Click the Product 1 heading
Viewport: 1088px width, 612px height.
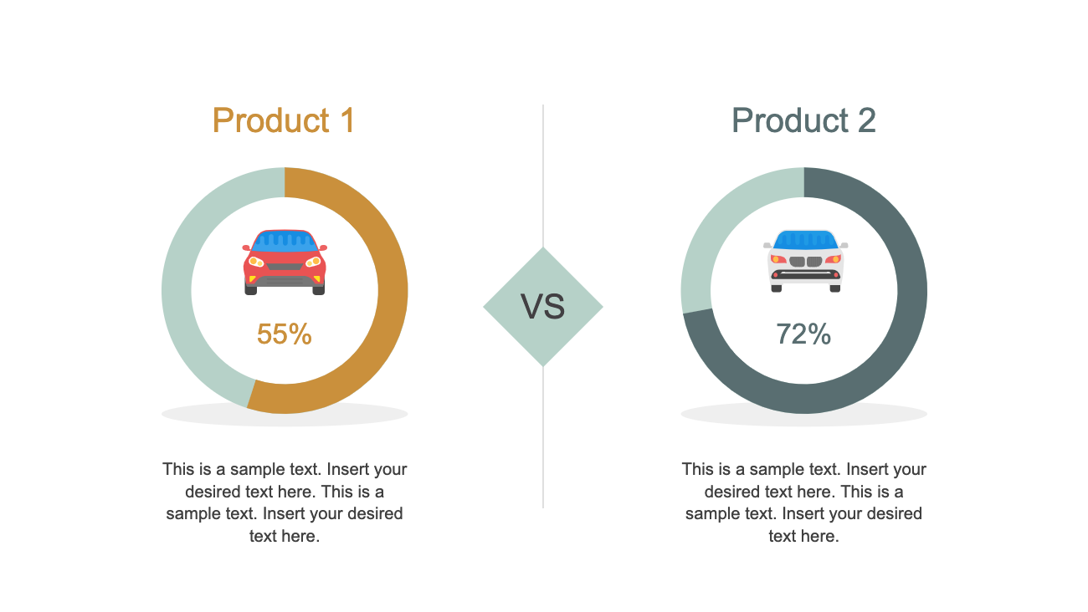tap(284, 120)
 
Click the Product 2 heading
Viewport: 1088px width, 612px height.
tap(803, 120)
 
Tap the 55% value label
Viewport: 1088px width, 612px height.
tap(284, 334)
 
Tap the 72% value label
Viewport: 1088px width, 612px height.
tap(803, 334)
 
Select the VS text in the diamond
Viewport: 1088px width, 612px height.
tap(543, 307)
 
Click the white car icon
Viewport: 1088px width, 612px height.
tap(805, 261)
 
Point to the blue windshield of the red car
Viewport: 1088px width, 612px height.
tap(285, 241)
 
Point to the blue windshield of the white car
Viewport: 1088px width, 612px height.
tap(805, 240)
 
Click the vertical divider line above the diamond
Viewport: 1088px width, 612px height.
tap(543, 176)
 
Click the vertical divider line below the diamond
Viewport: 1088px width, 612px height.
tap(543, 435)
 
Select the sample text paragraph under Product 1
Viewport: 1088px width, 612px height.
tap(285, 502)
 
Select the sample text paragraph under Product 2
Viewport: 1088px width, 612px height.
tap(803, 502)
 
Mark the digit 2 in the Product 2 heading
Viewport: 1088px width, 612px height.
tap(866, 120)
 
